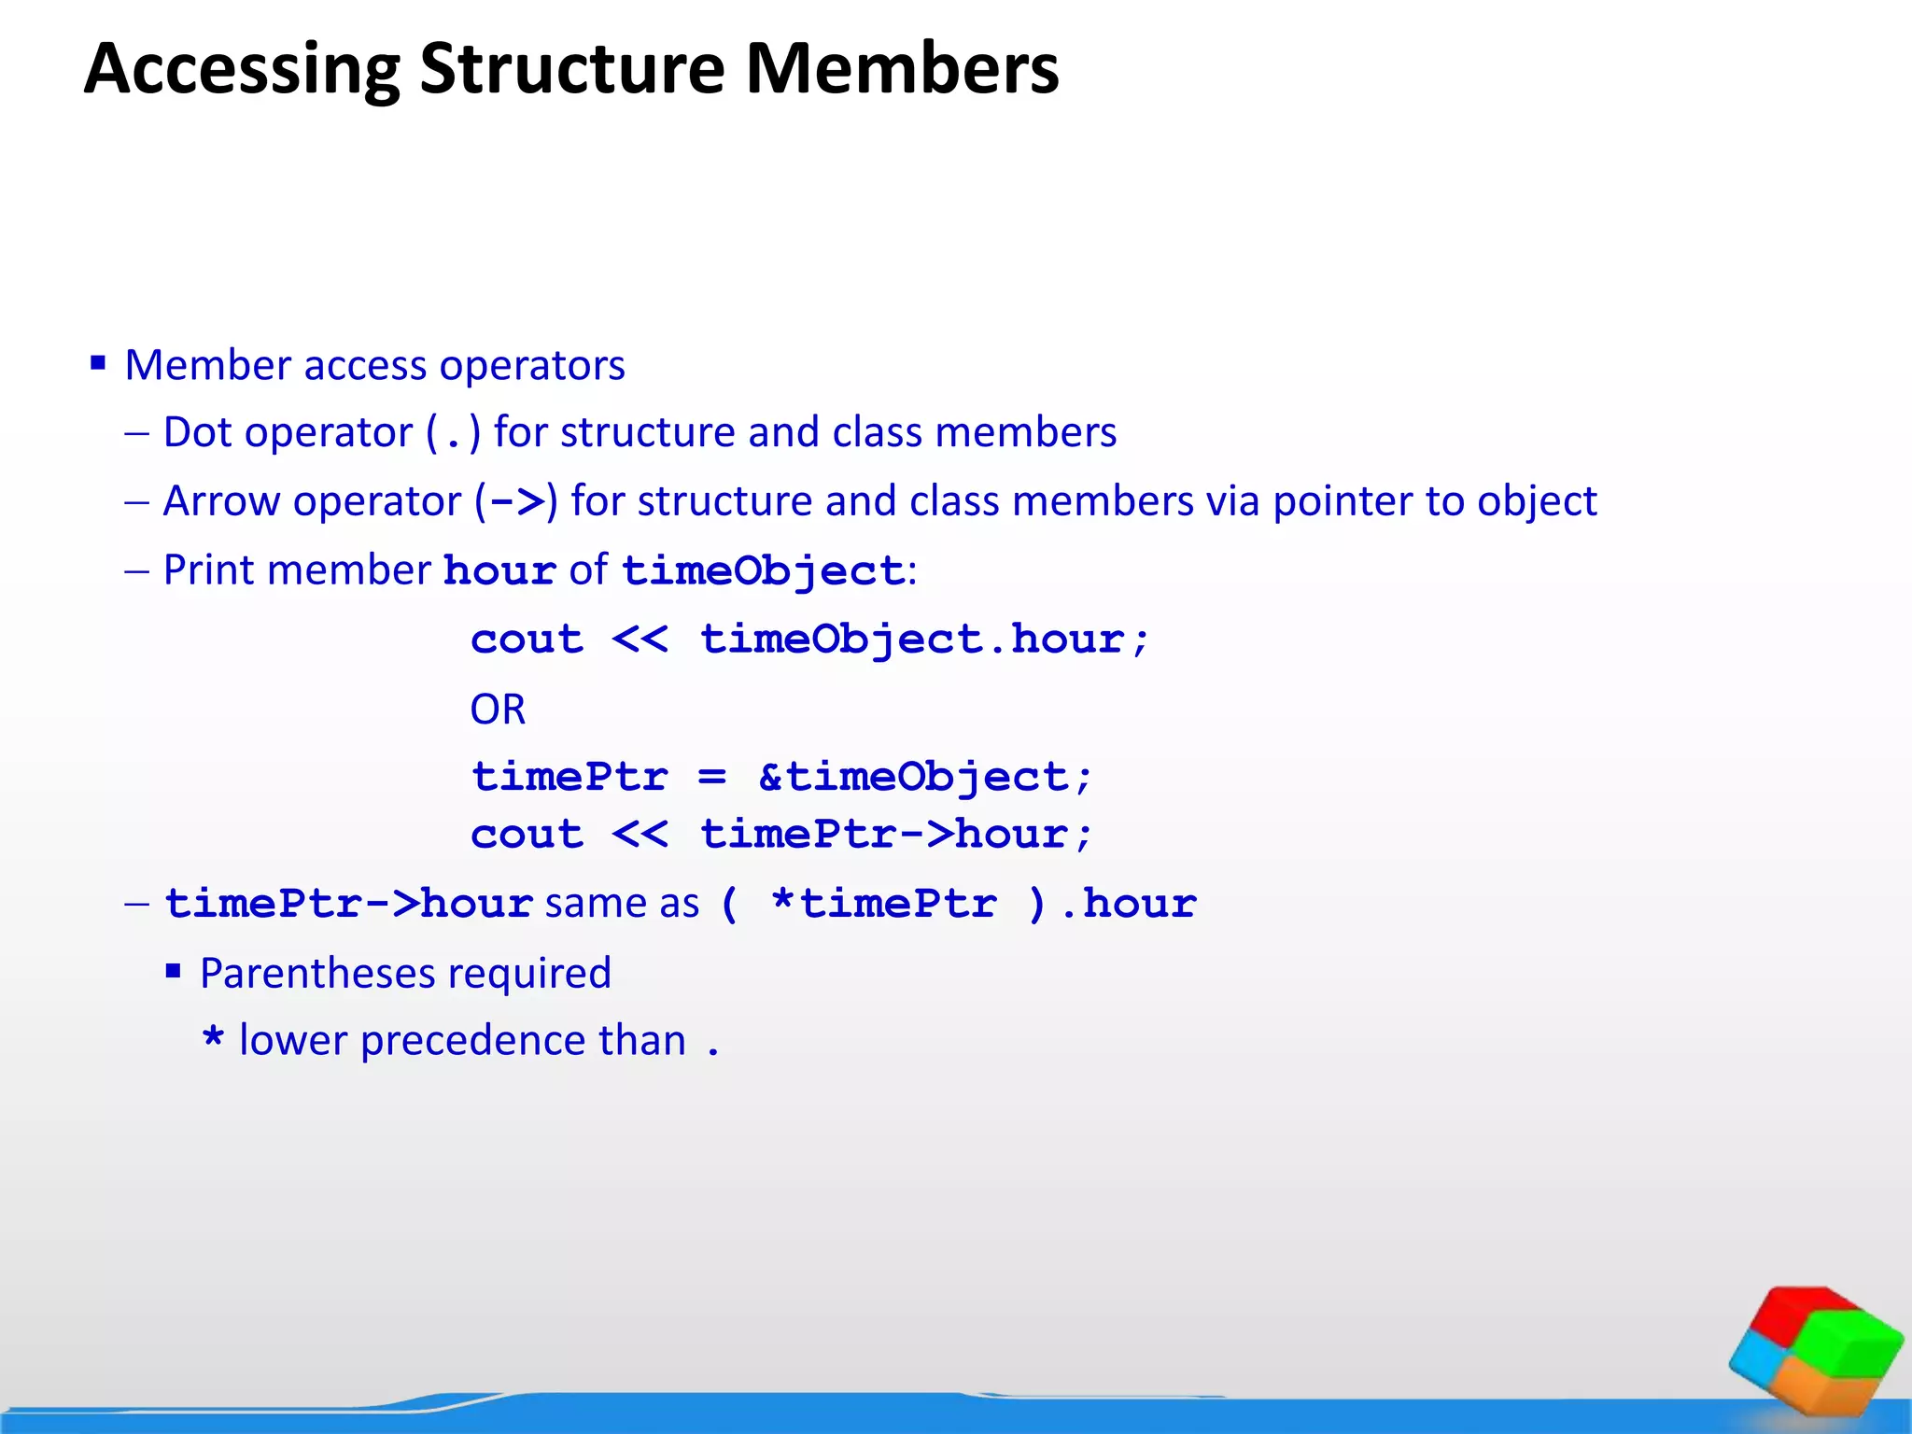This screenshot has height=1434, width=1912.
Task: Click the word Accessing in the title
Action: point(242,69)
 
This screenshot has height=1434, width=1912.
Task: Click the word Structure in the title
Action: point(571,69)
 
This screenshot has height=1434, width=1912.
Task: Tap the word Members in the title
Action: point(902,69)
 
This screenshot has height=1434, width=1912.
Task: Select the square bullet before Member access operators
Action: point(98,362)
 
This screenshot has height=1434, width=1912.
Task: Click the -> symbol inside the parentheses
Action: point(516,502)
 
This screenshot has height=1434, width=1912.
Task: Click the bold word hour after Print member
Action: point(499,570)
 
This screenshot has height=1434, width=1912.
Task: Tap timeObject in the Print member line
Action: point(763,570)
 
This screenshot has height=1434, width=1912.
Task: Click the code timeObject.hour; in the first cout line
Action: point(924,640)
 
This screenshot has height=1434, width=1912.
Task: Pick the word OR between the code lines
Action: point(498,710)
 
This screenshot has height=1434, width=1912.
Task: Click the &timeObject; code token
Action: point(924,777)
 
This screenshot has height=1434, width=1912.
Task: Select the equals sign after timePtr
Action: point(711,777)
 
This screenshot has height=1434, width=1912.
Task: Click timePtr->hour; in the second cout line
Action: point(896,834)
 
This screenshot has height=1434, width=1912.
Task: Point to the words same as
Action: point(622,904)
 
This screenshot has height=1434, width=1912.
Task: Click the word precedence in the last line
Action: point(523,1040)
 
